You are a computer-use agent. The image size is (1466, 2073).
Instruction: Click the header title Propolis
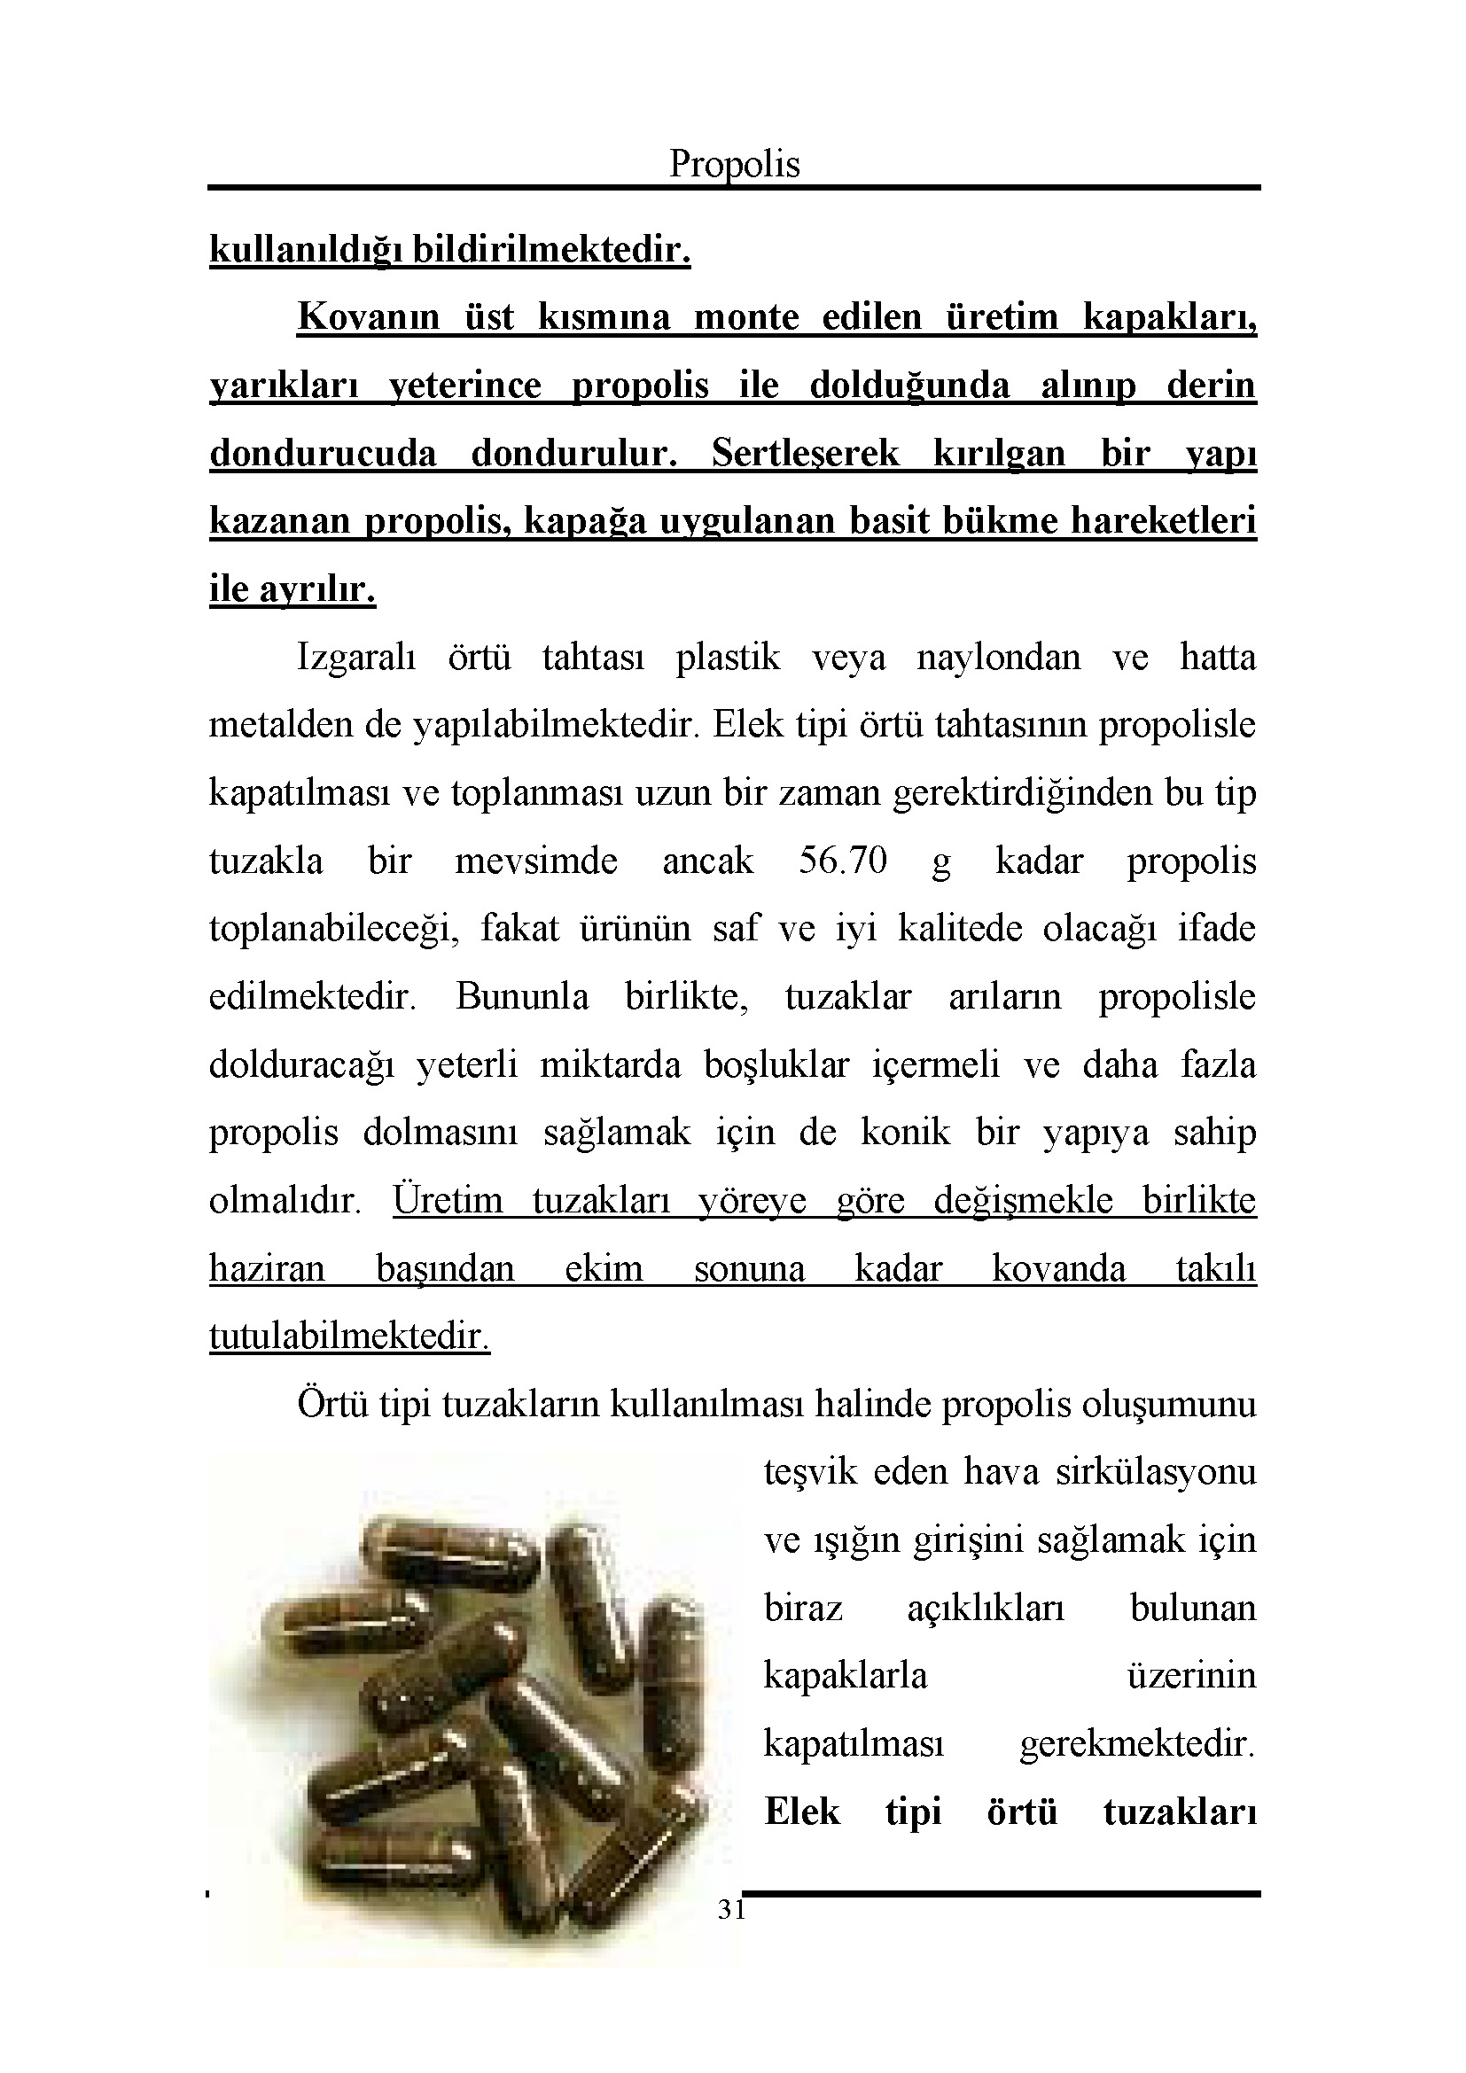(734, 164)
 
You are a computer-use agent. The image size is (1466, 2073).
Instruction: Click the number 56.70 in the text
(842, 861)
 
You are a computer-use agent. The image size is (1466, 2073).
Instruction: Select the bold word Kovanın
(369, 318)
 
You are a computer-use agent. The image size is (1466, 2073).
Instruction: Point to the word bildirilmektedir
(551, 250)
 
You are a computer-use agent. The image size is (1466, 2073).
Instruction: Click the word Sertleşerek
(805, 453)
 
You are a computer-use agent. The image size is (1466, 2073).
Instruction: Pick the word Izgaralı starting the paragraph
(356, 658)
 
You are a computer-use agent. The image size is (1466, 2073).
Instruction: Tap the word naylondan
(998, 658)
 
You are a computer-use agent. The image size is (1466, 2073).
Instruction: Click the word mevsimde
(536, 861)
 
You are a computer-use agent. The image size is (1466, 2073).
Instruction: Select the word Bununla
(522, 997)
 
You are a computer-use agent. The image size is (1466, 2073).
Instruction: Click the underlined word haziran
(267, 1268)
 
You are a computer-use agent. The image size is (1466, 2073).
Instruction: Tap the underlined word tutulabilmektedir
(349, 1337)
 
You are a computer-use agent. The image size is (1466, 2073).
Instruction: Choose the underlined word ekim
(604, 1268)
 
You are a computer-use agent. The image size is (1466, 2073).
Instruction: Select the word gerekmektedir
(1137, 1744)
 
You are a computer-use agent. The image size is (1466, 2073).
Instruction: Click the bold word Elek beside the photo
(801, 1812)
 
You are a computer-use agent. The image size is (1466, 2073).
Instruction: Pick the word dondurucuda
(324, 453)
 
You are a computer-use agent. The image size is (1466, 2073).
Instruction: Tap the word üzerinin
(1191, 1676)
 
